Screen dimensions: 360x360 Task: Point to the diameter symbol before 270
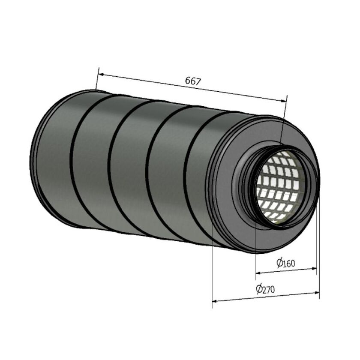[x=259, y=288]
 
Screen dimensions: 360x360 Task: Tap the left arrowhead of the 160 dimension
[x=258, y=273]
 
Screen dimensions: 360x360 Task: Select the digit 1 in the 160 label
[x=284, y=263]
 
